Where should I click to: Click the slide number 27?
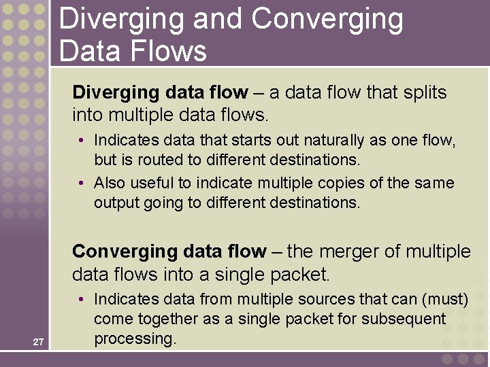point(38,342)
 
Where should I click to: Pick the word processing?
point(135,338)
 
